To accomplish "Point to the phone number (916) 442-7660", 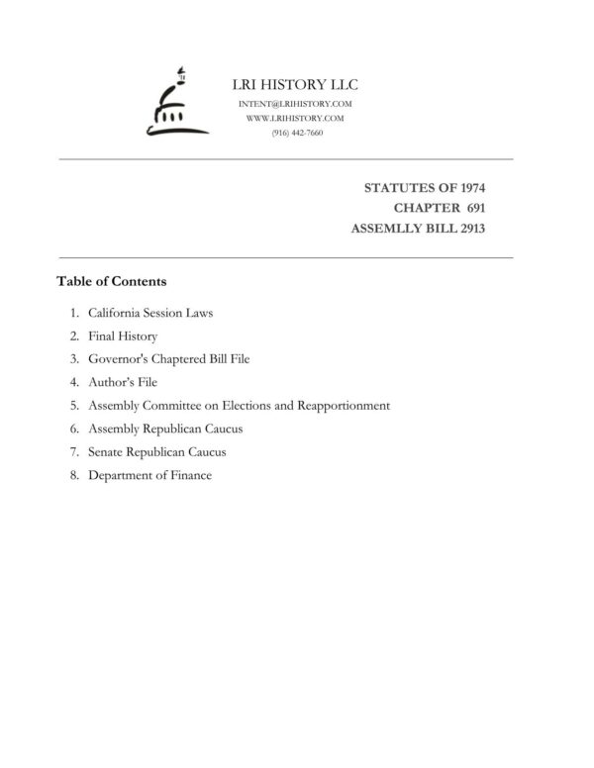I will [x=297, y=132].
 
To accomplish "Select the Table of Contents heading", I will [x=111, y=281].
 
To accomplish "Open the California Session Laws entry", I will [x=150, y=313].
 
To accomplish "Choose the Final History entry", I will [x=123, y=336].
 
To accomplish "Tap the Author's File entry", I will [x=123, y=382].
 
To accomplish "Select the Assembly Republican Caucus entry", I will [x=165, y=429].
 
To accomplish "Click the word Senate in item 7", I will [x=106, y=452].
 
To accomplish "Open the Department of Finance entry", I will [x=149, y=475].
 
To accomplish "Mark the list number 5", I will [x=74, y=406].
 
